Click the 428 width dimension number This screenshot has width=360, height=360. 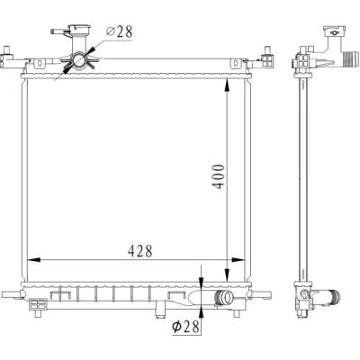click(x=140, y=251)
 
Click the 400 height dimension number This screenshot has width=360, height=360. click(x=218, y=176)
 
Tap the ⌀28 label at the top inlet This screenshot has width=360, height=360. click(x=120, y=31)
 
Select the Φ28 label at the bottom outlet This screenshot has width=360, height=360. click(x=185, y=327)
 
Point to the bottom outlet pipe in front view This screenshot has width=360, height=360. click(x=223, y=298)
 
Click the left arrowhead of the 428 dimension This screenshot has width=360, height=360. click(x=33, y=259)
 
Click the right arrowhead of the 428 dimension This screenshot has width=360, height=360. click(x=238, y=259)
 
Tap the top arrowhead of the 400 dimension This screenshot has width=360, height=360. click(x=227, y=85)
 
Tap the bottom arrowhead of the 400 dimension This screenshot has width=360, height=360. click(x=227, y=274)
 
